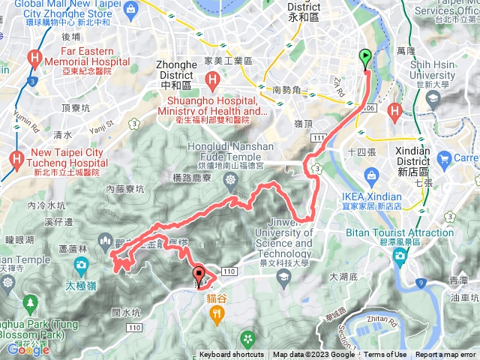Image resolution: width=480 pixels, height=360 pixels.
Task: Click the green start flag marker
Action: click(365, 56)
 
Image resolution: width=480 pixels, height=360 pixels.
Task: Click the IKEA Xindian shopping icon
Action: click(369, 175)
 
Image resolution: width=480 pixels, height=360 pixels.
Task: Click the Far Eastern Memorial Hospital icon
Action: click(34, 57)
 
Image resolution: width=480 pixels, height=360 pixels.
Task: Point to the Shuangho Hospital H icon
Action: click(214, 79)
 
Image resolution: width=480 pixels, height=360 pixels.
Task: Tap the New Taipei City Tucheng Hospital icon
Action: click(16, 159)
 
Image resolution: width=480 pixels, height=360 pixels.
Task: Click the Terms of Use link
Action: click(385, 355)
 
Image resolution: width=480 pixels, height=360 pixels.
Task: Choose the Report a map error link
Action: click(445, 355)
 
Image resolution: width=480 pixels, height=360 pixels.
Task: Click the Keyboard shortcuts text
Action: click(231, 355)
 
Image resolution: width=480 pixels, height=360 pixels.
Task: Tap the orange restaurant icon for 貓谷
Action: click(217, 315)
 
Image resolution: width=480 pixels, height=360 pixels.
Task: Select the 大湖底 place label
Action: click(345, 277)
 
